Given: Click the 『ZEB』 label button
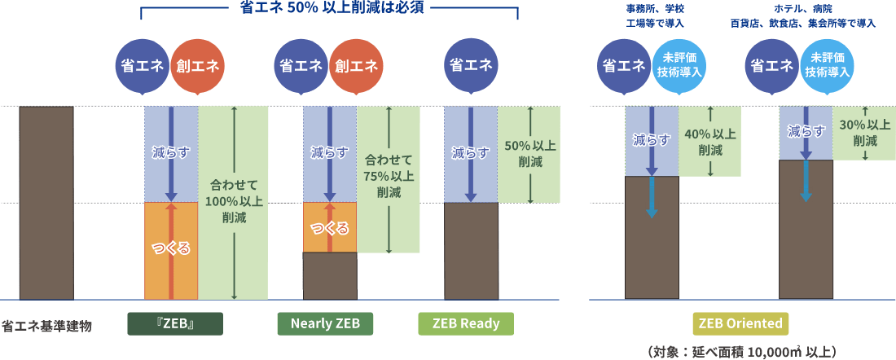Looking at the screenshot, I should (x=175, y=323).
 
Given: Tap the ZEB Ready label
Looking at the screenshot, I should (x=466, y=323).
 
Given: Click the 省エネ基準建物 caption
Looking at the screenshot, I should (x=46, y=326).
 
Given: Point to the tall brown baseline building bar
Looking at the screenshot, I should (x=46, y=203).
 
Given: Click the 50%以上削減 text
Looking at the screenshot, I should (x=529, y=153).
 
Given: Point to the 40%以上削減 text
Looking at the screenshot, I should (x=710, y=142).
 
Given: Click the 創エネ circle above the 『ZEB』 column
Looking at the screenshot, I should (x=197, y=66).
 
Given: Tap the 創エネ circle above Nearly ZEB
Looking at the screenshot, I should (x=355, y=66).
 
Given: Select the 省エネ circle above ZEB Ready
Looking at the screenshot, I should (x=471, y=66).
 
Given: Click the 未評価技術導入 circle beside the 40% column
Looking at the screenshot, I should (x=679, y=66).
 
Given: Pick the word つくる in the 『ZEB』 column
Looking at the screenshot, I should (x=171, y=249).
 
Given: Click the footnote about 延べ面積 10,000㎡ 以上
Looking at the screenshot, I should (x=740, y=352).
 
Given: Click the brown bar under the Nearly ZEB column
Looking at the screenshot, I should (x=330, y=276).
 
